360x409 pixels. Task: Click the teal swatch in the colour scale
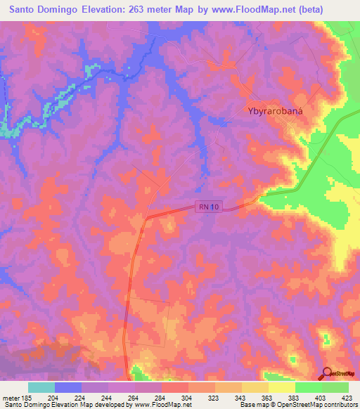click(41, 387)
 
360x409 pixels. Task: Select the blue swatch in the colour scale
click(68, 387)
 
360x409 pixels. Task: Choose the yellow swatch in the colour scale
click(282, 387)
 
